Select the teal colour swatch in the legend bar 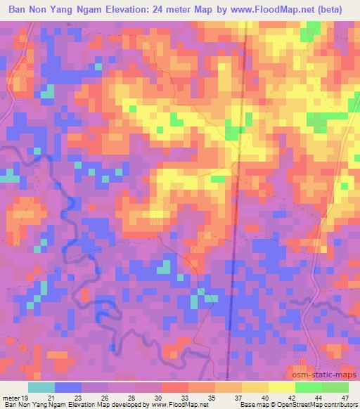41,387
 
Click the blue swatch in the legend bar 68,387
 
